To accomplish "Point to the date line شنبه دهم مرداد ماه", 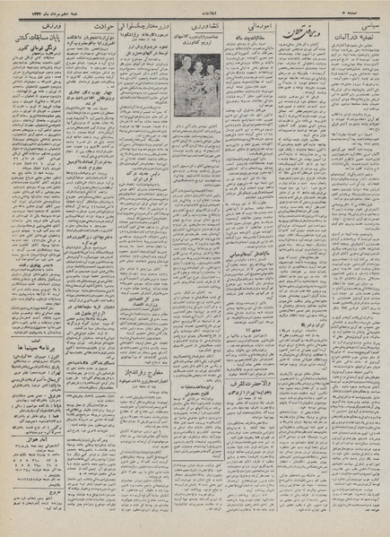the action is [x=46, y=9].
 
